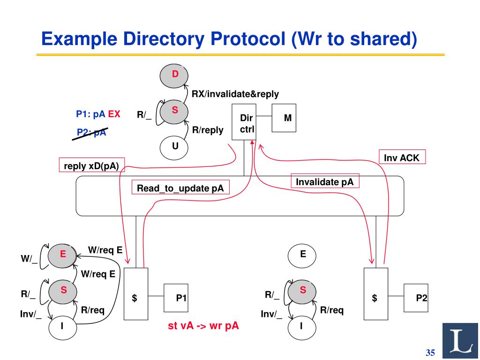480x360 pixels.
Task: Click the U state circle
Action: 175,146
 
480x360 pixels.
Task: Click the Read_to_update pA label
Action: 180,187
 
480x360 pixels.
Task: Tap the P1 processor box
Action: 175,298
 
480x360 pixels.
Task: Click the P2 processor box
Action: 416,298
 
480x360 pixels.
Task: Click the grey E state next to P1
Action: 63,254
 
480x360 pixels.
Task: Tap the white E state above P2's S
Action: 303,255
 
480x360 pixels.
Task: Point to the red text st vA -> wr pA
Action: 203,326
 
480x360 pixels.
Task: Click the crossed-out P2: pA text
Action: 92,132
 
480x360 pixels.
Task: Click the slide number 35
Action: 430,352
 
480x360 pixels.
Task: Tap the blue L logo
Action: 461,341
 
